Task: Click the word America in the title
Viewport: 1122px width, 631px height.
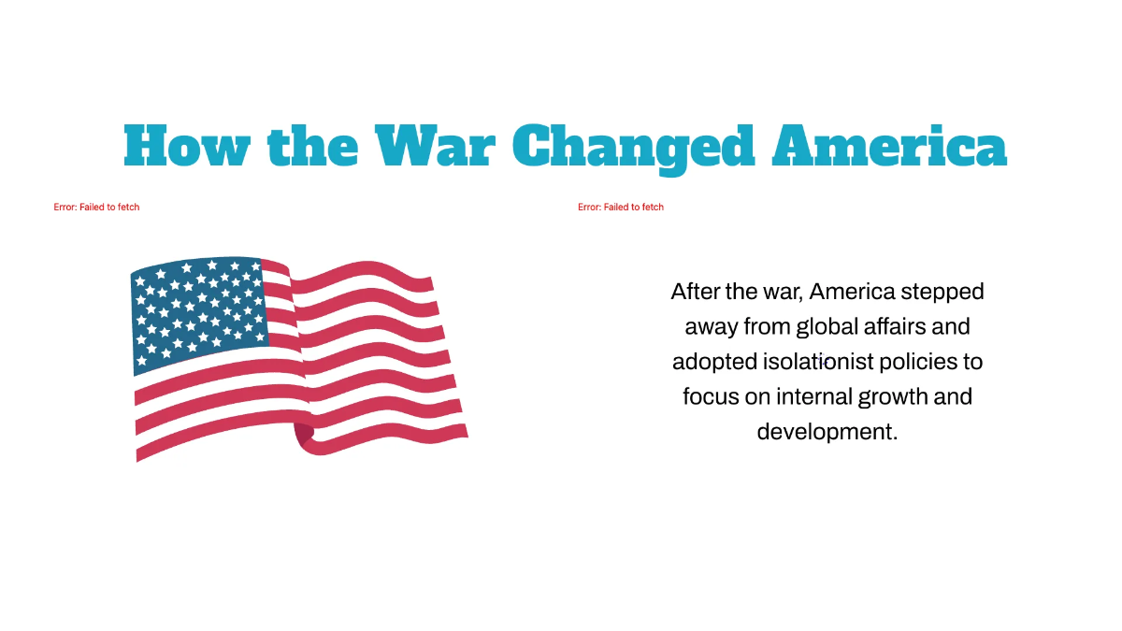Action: click(x=888, y=146)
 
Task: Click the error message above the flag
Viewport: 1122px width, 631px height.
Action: click(x=96, y=207)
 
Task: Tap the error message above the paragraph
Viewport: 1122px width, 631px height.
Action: click(x=621, y=207)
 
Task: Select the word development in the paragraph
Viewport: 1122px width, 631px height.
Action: click(x=827, y=432)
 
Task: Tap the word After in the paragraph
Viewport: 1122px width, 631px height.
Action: click(x=695, y=292)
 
